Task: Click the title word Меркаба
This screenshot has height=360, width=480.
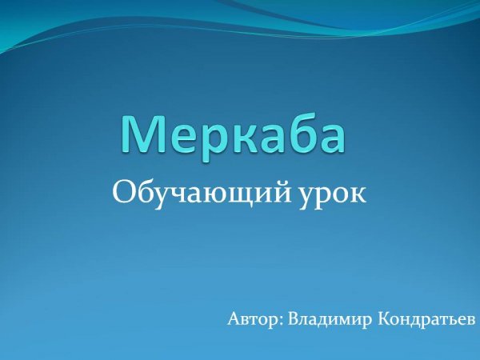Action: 234,134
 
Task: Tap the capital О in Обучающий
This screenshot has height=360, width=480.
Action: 124,192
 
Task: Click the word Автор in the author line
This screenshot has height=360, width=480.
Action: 252,319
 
